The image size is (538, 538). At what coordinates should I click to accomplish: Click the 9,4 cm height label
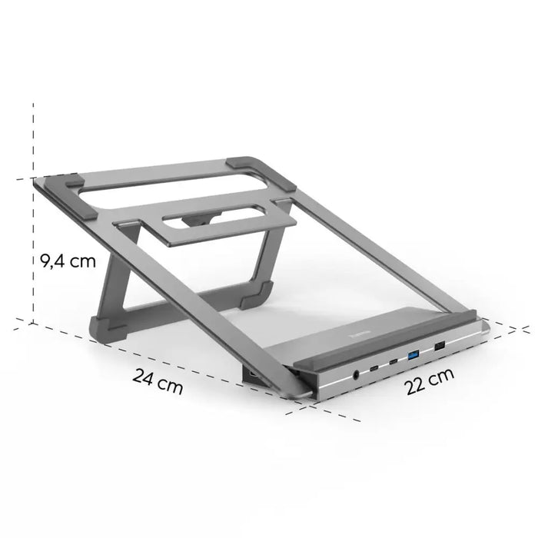pos(68,261)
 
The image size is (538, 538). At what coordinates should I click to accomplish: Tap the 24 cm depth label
pos(158,380)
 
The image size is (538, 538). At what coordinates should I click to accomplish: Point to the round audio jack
pos(356,376)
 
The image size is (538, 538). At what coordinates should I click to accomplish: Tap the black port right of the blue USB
pos(440,347)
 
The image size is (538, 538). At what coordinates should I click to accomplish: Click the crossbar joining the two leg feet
pos(184,311)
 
